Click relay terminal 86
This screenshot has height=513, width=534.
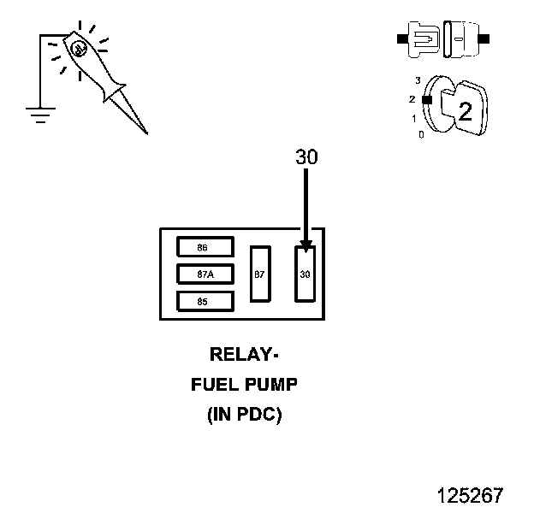pyautogui.click(x=203, y=247)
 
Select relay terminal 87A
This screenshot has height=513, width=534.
pyautogui.click(x=203, y=274)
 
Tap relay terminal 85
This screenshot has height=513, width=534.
pyautogui.click(x=203, y=301)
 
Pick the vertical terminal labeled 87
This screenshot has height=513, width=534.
pyautogui.click(x=260, y=274)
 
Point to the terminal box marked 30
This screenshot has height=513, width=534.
pyautogui.click(x=306, y=274)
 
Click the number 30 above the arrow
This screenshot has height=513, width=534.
pyautogui.click(x=306, y=158)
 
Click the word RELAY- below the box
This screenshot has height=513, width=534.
pyautogui.click(x=244, y=354)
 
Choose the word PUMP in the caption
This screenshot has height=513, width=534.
pyautogui.click(x=270, y=385)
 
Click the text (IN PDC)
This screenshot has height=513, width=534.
pyautogui.click(x=244, y=416)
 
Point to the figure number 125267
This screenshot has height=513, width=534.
pyautogui.click(x=470, y=495)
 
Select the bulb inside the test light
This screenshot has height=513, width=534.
pyautogui.click(x=78, y=50)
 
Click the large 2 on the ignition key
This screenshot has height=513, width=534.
pyautogui.click(x=465, y=111)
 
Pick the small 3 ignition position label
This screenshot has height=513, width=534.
pyautogui.click(x=417, y=80)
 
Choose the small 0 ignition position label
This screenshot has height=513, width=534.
pyautogui.click(x=420, y=134)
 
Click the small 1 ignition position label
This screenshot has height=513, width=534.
pyautogui.click(x=413, y=119)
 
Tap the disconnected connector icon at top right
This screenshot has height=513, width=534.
pyautogui.click(x=442, y=39)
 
